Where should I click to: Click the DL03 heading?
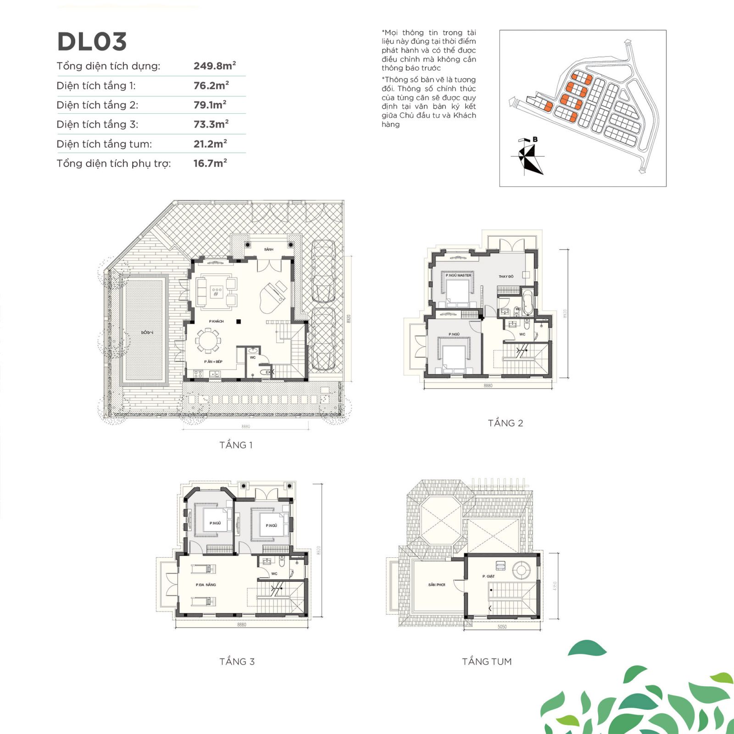pyautogui.click(x=92, y=42)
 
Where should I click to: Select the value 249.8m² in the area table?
pyautogui.click(x=214, y=66)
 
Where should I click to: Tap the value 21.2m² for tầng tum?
pyautogui.click(x=210, y=144)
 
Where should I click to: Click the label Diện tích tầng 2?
pyautogui.click(x=97, y=105)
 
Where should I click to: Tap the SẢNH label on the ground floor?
pyautogui.click(x=269, y=250)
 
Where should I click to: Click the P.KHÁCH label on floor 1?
pyautogui.click(x=217, y=321)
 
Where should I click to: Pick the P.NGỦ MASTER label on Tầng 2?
pyautogui.click(x=458, y=275)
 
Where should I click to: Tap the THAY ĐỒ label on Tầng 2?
pyautogui.click(x=506, y=277)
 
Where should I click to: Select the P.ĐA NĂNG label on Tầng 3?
pyautogui.click(x=206, y=585)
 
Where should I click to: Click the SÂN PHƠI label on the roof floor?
pyautogui.click(x=437, y=585)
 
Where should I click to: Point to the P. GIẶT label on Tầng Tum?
pyautogui.click(x=489, y=576)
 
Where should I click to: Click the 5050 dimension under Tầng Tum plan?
pyautogui.click(x=502, y=627)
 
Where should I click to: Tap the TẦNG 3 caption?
pyautogui.click(x=237, y=662)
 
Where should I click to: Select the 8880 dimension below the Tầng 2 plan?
pyautogui.click(x=488, y=386)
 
